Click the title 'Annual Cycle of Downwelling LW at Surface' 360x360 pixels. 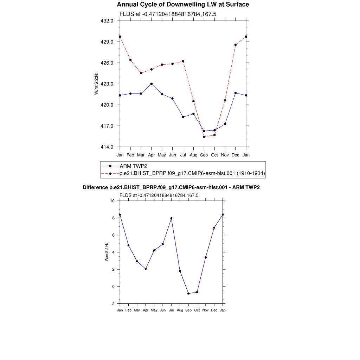click(183, 5)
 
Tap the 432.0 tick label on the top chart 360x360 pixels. click(107, 21)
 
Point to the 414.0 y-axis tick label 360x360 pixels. click(107, 147)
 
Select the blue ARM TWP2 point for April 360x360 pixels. click(152, 84)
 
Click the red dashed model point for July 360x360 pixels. click(183, 61)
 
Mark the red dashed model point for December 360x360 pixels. click(236, 45)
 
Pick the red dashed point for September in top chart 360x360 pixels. click(204, 136)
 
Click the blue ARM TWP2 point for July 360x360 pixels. click(183, 117)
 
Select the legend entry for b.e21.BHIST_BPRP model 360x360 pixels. click(192, 173)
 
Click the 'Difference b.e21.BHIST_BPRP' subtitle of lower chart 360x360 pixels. click(171, 187)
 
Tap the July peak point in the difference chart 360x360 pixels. click(171, 218)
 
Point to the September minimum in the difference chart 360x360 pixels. click(188, 293)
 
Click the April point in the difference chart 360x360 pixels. click(146, 269)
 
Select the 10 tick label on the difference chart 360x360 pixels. click(112, 201)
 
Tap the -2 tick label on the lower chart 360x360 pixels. click(112, 303)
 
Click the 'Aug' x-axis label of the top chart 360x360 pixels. click(194, 155)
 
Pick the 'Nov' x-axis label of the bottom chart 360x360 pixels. click(206, 310)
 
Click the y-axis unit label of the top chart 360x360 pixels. click(96, 84)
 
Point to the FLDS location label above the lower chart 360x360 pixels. click(159, 195)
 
